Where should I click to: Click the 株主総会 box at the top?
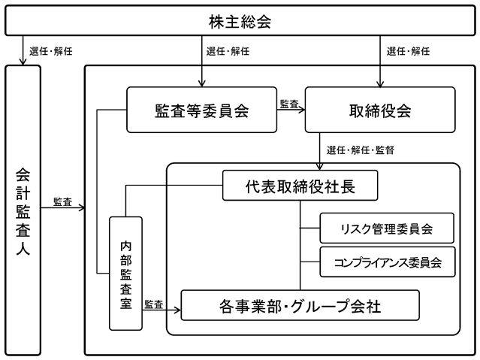pos(240,20)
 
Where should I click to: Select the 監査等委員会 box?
pos(202,110)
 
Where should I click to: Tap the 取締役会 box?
pos(380,110)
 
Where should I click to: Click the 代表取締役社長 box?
pos(300,186)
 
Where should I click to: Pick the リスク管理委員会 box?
pos(387,228)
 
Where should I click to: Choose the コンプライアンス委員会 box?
pos(388,262)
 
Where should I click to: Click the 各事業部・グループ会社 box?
pos(300,305)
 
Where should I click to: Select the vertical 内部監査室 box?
pos(125,274)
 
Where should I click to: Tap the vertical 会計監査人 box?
pos(23,210)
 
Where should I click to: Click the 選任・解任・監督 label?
pos(361,150)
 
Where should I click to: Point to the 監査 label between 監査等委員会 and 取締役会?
pos(289,104)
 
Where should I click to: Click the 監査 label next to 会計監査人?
pos(62,202)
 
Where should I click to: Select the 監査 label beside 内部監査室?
pos(154,304)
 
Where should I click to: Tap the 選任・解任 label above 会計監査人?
pos(51,51)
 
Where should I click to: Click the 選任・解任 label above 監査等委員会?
pos(228,51)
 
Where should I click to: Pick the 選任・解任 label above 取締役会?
pos(408,51)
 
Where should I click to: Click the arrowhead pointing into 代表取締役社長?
pos(319,167)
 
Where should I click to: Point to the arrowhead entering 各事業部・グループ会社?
pos(177,310)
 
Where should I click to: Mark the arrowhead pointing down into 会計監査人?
pos(23,62)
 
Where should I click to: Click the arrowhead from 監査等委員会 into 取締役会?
pos(301,110)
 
